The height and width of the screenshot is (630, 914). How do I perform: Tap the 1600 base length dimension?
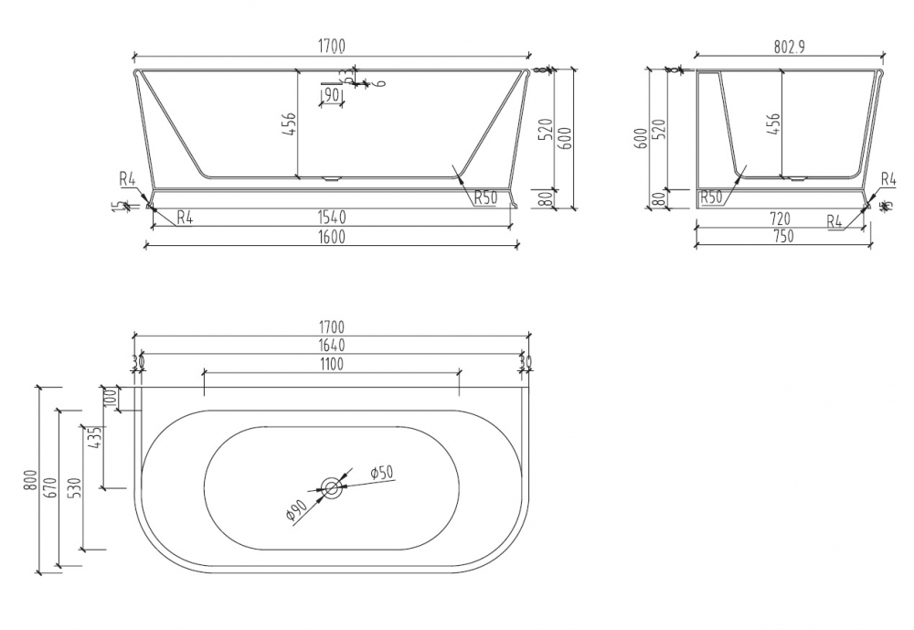click(x=331, y=237)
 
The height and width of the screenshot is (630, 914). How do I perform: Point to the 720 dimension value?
click(x=781, y=219)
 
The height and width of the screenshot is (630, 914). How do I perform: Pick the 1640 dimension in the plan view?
click(x=331, y=345)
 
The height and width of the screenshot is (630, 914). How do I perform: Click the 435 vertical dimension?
click(x=93, y=440)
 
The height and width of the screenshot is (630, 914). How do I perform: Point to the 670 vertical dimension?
click(x=51, y=486)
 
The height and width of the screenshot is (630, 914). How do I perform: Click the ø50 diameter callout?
click(x=381, y=472)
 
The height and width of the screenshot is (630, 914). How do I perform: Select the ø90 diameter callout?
click(x=297, y=514)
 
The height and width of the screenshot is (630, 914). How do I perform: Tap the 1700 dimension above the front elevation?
click(x=331, y=48)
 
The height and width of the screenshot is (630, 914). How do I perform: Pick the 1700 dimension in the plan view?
click(x=331, y=326)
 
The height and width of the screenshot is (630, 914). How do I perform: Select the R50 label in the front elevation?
click(x=485, y=197)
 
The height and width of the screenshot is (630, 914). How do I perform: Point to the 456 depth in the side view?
click(x=773, y=124)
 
